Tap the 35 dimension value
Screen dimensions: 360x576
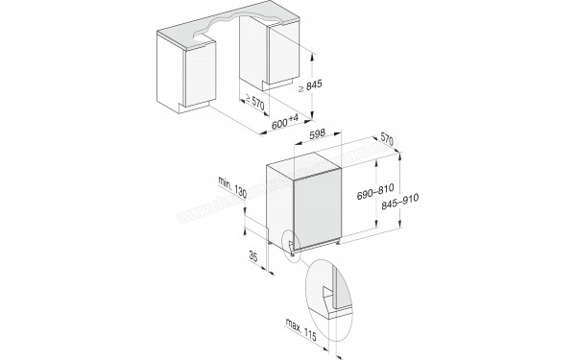[x=252, y=256]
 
